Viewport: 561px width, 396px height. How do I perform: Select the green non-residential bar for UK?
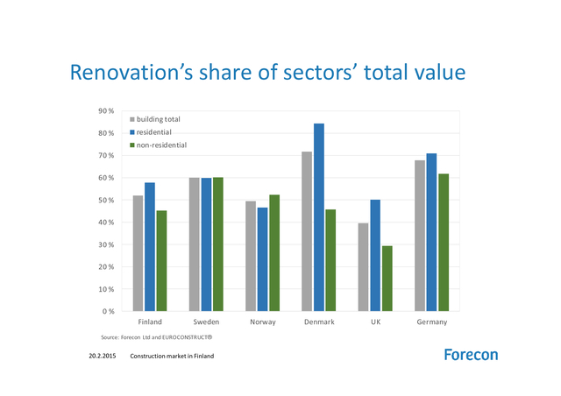click(387, 279)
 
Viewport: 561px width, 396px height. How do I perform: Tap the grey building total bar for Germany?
click(420, 236)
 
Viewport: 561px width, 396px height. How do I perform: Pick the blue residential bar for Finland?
click(150, 246)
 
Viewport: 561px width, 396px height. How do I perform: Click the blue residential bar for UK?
click(375, 255)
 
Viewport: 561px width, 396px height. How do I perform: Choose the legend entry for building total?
click(158, 118)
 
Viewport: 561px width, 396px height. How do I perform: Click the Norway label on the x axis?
click(263, 322)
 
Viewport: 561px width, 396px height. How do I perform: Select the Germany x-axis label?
click(431, 322)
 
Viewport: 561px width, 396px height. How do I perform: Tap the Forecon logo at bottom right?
click(470, 355)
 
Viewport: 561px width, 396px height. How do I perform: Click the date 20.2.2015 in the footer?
click(103, 357)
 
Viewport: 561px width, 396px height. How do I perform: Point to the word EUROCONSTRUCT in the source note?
click(187, 337)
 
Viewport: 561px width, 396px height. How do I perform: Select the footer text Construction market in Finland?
click(172, 357)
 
